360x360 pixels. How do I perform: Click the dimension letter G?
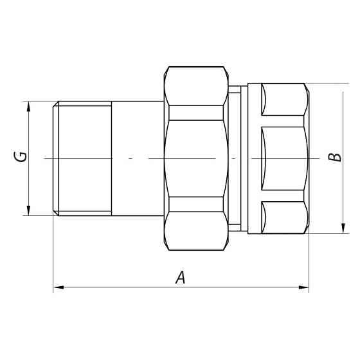pos(22,156)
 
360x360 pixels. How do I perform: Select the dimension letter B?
pos(334,157)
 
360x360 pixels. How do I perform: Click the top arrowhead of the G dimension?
pos(28,107)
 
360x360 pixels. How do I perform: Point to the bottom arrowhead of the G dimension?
pos(28,210)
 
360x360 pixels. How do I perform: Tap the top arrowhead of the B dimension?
pos(344,89)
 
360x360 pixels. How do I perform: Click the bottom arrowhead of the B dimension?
pos(344,228)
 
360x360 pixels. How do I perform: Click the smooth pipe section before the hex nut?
pos(138,158)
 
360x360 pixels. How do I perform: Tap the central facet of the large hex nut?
pos(196,158)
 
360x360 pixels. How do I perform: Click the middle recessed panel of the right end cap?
pos(284,158)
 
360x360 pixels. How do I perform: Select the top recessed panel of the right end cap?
pos(284,100)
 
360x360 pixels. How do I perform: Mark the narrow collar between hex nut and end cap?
pos(239,158)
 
